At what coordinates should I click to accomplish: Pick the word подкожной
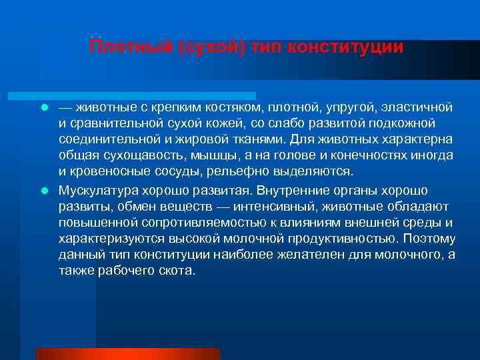click(x=401, y=123)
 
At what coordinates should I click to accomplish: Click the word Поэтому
click(x=430, y=238)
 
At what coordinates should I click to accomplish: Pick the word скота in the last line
click(x=175, y=270)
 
